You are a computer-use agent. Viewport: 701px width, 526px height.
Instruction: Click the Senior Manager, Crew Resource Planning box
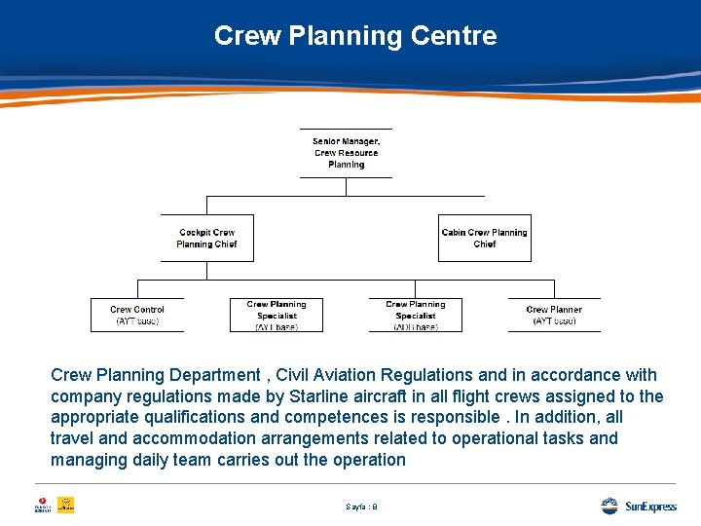click(x=346, y=153)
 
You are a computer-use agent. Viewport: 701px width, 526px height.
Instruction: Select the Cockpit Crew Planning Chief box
click(x=206, y=238)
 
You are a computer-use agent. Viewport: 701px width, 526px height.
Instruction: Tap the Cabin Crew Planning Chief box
click(x=484, y=238)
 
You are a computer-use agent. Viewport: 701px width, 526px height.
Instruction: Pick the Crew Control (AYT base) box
click(x=137, y=315)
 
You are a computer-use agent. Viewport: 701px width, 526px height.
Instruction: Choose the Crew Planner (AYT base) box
click(x=554, y=315)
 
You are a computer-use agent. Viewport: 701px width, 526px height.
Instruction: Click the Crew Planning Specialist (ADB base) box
click(x=415, y=315)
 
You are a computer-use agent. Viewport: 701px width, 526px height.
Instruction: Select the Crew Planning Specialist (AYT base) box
click(x=277, y=315)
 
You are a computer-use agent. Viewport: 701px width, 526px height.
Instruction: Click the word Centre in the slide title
click(x=454, y=36)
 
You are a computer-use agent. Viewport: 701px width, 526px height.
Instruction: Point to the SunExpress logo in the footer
click(x=639, y=506)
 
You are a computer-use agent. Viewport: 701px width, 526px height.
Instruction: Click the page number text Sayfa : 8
click(x=361, y=507)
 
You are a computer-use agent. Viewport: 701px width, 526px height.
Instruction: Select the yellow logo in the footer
click(x=65, y=506)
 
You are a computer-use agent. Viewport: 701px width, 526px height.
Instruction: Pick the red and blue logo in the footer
click(x=41, y=506)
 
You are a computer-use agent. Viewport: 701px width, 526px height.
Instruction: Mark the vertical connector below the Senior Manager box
click(x=346, y=186)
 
